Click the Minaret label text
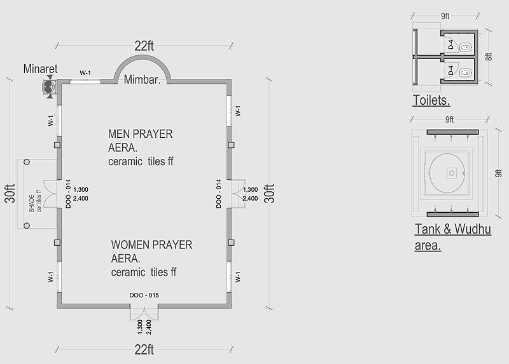click(40, 69)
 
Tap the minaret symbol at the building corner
click(50, 86)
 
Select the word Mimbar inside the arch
click(142, 79)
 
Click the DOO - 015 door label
click(144, 295)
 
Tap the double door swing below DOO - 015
click(144, 312)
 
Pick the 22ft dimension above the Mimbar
click(144, 46)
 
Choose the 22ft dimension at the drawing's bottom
click(144, 350)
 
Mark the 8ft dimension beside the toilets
click(489, 57)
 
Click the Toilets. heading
click(431, 100)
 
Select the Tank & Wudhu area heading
click(453, 237)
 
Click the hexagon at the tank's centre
click(452, 173)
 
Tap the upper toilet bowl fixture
click(466, 47)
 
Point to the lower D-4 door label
click(450, 71)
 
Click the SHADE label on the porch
click(31, 203)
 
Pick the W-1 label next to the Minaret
click(85, 73)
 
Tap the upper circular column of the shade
click(27, 162)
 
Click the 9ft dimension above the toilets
click(445, 16)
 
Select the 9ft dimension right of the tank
click(498, 173)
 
